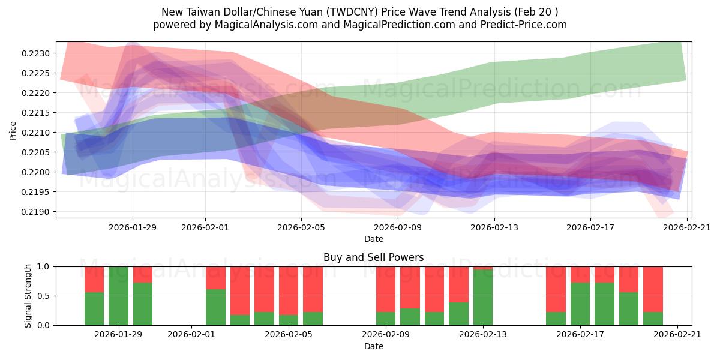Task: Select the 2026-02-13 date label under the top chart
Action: click(x=494, y=227)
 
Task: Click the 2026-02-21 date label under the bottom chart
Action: click(x=677, y=335)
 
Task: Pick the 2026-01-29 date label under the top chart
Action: click(x=133, y=227)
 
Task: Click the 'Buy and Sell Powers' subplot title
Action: click(x=373, y=257)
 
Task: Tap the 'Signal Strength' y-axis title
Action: click(x=28, y=296)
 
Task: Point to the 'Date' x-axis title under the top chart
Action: click(x=373, y=239)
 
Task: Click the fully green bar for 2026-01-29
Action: click(x=118, y=296)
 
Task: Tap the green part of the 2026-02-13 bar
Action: click(x=483, y=298)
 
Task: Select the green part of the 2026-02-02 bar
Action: click(x=215, y=307)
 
